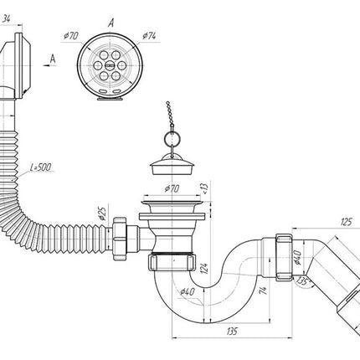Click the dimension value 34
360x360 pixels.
click(7, 19)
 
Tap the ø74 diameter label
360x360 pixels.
click(149, 36)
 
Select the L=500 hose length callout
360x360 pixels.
click(41, 167)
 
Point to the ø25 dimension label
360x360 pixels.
click(102, 213)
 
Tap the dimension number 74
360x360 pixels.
click(264, 291)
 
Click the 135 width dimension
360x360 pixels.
click(232, 332)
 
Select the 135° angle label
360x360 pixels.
click(304, 280)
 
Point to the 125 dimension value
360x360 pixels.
click(347, 222)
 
